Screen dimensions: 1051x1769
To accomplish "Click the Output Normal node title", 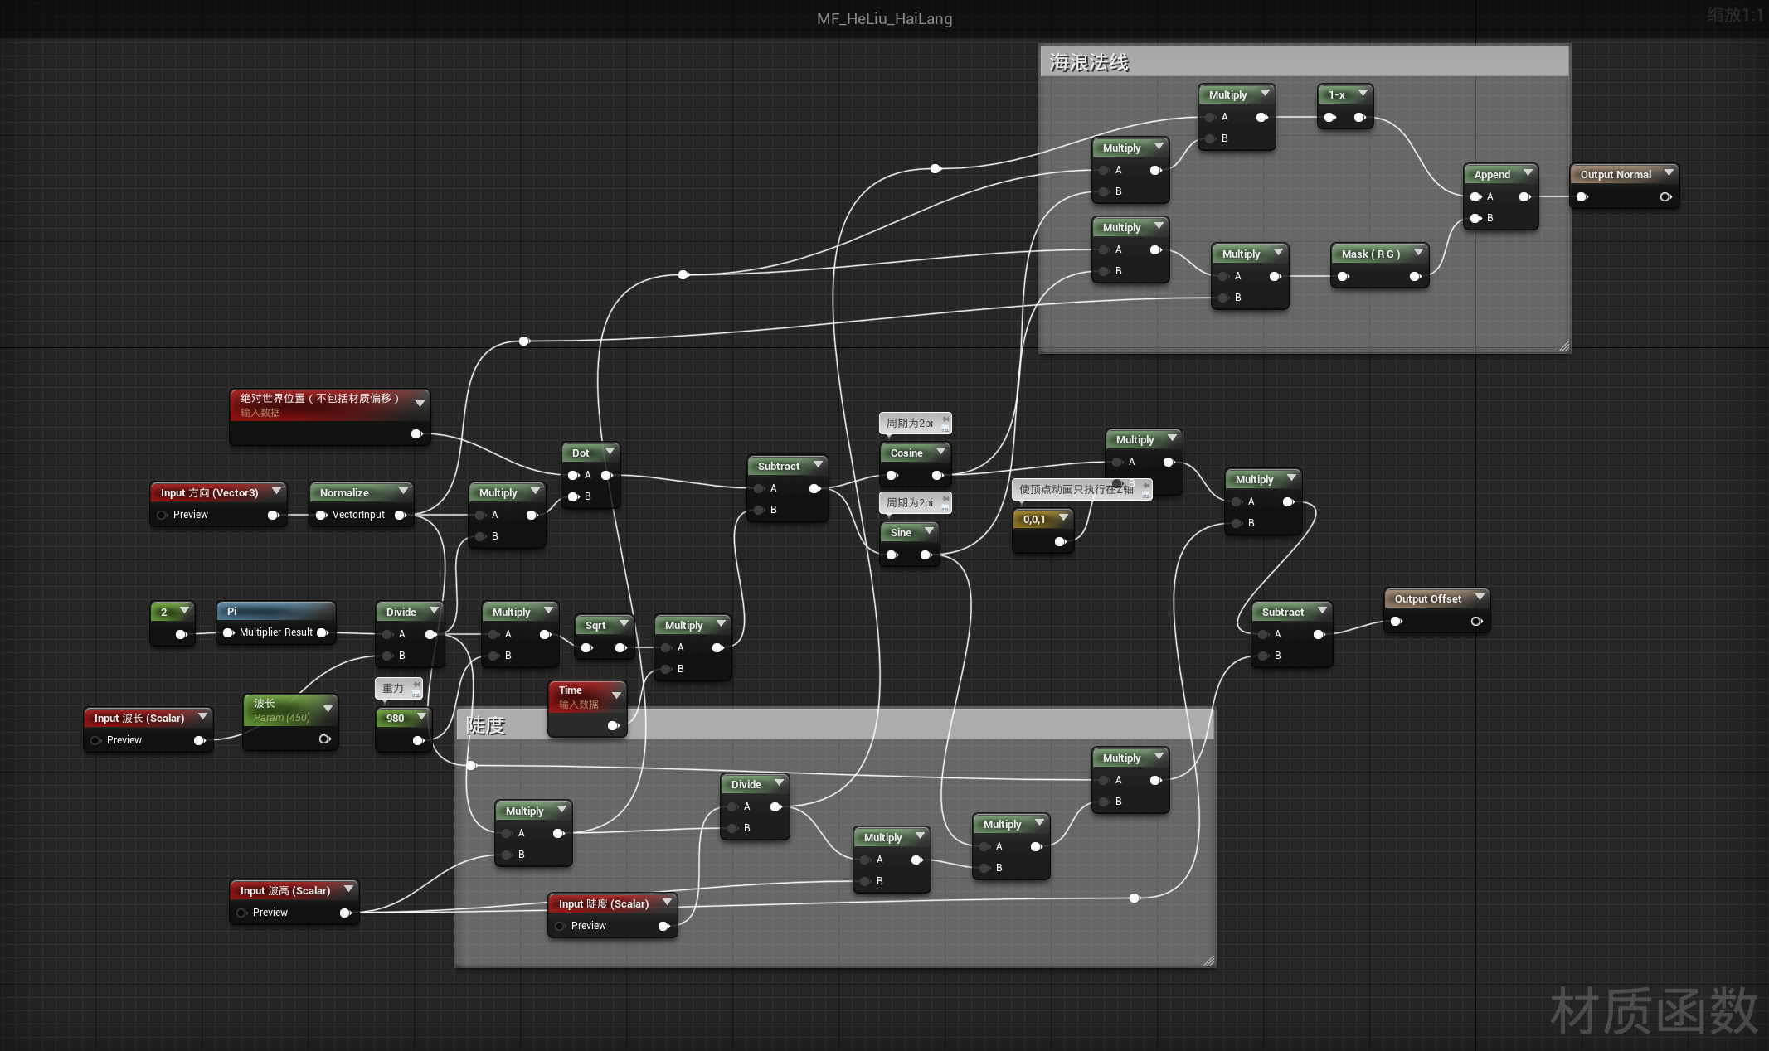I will [1615, 174].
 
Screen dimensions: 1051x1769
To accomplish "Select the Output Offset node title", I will [1427, 598].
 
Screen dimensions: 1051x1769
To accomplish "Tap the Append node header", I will [1492, 174].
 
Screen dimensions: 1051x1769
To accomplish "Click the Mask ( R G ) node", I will [1371, 254].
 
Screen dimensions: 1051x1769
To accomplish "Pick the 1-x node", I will [1337, 95].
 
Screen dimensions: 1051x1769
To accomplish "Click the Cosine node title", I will [906, 453].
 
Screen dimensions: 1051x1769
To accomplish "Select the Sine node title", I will [901, 532].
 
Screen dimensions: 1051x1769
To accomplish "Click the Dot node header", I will [581, 453].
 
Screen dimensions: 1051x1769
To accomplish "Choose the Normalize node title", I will [344, 492].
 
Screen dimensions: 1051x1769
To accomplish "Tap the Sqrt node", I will [595, 626].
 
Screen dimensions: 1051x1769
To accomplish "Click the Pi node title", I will [232, 612].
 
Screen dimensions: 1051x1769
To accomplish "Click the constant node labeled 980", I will [396, 719].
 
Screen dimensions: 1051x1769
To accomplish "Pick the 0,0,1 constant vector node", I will [1034, 520].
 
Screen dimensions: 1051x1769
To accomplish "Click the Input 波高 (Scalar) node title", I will [284, 890].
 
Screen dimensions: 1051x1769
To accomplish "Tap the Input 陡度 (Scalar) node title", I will [603, 903].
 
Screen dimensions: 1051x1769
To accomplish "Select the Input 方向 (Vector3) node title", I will [209, 492].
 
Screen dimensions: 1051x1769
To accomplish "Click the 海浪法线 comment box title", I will [1089, 63].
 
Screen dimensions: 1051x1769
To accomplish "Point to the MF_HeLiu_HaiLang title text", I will [884, 18].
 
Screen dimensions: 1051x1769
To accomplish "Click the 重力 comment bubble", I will [393, 688].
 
